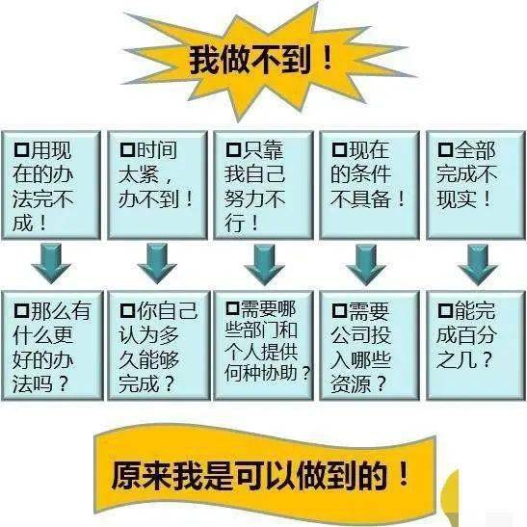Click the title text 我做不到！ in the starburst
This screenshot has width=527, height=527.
click(x=260, y=60)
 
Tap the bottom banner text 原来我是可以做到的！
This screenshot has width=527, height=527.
click(x=260, y=475)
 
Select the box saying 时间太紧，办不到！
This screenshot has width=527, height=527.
click(x=157, y=185)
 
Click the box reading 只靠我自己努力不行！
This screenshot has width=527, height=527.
click(x=264, y=185)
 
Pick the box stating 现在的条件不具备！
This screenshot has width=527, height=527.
click(x=370, y=185)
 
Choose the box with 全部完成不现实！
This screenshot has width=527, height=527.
click(x=476, y=185)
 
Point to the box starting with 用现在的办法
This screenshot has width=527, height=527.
click(x=51, y=185)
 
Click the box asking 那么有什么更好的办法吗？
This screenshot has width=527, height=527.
click(x=52, y=346)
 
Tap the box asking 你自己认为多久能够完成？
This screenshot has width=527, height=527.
click(x=159, y=346)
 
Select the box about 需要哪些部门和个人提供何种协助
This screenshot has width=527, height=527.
click(x=264, y=346)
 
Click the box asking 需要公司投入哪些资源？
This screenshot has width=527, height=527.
click(x=370, y=346)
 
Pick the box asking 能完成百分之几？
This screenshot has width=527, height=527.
click(x=476, y=346)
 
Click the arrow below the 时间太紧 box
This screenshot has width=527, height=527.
click(x=157, y=264)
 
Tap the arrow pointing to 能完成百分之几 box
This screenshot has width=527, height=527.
click(x=478, y=265)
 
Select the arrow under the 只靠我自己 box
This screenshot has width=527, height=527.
click(x=264, y=265)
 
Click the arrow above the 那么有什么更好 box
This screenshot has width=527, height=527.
click(x=51, y=264)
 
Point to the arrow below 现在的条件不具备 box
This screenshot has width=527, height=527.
click(x=366, y=265)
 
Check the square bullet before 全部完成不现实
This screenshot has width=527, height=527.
click(x=445, y=149)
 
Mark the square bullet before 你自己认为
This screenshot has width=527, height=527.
click(x=127, y=310)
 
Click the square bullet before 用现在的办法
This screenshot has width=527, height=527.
click(x=21, y=149)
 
